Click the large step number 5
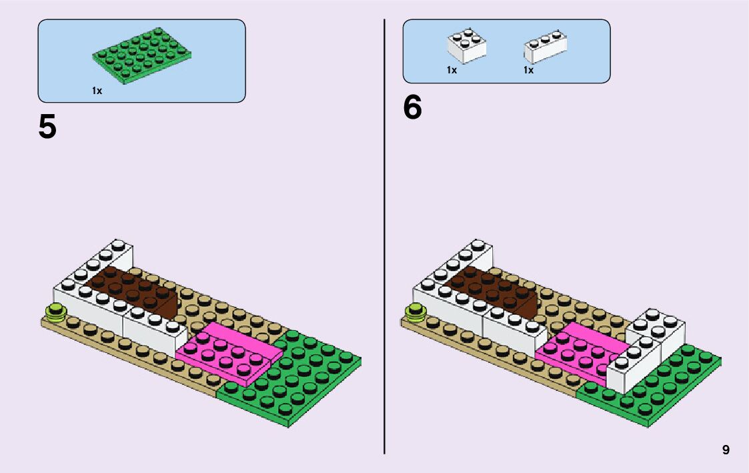tap(47, 127)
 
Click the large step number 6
tap(412, 108)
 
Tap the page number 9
tap(726, 450)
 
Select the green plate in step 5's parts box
tap(140, 56)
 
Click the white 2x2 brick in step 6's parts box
tap(466, 46)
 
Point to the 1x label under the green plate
tap(97, 91)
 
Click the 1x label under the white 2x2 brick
tap(452, 70)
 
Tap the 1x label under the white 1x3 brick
tap(528, 70)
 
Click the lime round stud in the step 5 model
tap(54, 312)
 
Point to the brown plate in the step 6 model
tap(497, 288)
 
